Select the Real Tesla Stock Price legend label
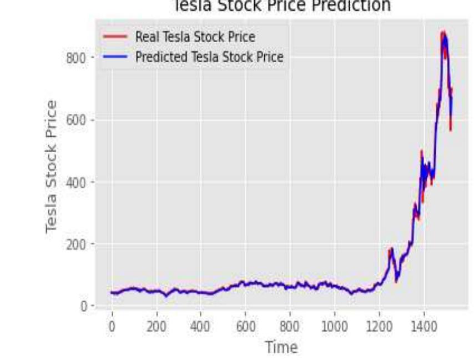195,37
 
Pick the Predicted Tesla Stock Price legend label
209,57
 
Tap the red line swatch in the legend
115,37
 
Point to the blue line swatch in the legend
115,57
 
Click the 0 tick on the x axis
112,323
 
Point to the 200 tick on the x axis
156,323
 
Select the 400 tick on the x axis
201,323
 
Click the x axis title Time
281,347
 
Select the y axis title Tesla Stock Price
51,167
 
